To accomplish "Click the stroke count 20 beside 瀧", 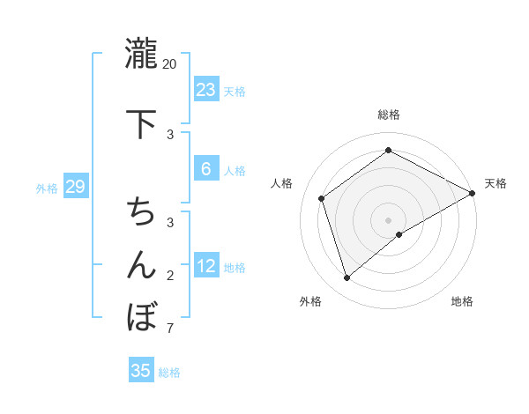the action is tap(170, 64).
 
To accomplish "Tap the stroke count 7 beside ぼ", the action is tap(170, 329).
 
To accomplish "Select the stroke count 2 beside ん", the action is tap(170, 277).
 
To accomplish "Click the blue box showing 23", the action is tap(206, 90).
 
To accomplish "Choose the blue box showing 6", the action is tap(205, 169).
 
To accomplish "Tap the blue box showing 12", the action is tap(206, 266).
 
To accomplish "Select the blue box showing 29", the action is tap(75, 187).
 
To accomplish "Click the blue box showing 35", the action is tap(141, 371).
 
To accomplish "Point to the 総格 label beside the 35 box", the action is tap(170, 373).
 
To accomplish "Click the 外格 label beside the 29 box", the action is tap(47, 189).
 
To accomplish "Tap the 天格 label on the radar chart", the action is tap(495, 183).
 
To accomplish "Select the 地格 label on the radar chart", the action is tap(462, 301).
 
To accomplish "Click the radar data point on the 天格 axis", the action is tap(473, 193).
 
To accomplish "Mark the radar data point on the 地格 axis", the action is tap(399, 234).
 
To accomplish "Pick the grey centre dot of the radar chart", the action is tap(388, 218).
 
